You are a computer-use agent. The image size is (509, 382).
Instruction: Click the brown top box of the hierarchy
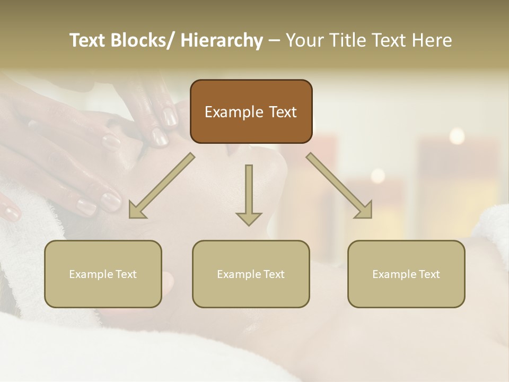pyautogui.click(x=251, y=111)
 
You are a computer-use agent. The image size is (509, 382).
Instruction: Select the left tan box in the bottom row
pyautogui.click(x=103, y=274)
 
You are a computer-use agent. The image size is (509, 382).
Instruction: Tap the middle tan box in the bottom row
pyautogui.click(x=251, y=274)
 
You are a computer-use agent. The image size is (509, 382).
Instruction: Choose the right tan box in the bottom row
pyautogui.click(x=406, y=274)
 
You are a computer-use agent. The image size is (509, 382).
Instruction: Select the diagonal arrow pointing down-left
pyautogui.click(x=162, y=185)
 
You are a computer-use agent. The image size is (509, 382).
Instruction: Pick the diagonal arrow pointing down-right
pyautogui.click(x=339, y=185)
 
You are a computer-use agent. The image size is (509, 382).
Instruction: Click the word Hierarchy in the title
pyautogui.click(x=222, y=40)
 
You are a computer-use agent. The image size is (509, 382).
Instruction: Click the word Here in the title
pyautogui.click(x=432, y=40)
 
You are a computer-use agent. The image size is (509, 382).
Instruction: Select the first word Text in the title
pyautogui.click(x=88, y=40)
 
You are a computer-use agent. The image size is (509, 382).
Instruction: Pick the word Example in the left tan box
pyautogui.click(x=91, y=274)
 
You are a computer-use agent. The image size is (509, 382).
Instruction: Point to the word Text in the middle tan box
pyautogui.click(x=274, y=274)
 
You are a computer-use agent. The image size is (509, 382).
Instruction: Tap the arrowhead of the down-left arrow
pyautogui.click(x=136, y=211)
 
